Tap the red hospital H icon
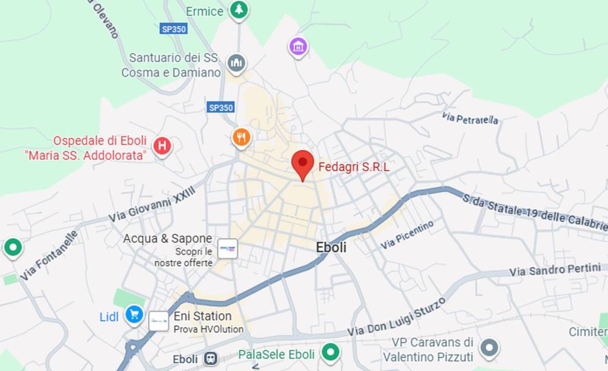tap(162, 146)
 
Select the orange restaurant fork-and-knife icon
tap(241, 138)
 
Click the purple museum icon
tap(298, 46)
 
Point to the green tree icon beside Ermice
tap(239, 10)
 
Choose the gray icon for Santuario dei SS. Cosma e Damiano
tap(236, 63)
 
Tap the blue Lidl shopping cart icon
tap(134, 315)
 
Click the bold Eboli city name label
tap(331, 248)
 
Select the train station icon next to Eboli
tap(210, 359)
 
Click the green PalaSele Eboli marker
tap(330, 352)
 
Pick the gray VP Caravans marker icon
tap(489, 348)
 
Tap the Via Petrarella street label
tap(470, 118)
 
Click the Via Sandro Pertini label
tap(555, 270)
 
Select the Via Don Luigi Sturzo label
tap(396, 316)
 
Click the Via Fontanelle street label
tap(49, 256)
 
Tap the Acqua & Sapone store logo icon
tap(227, 249)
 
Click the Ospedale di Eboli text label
tap(100, 141)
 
